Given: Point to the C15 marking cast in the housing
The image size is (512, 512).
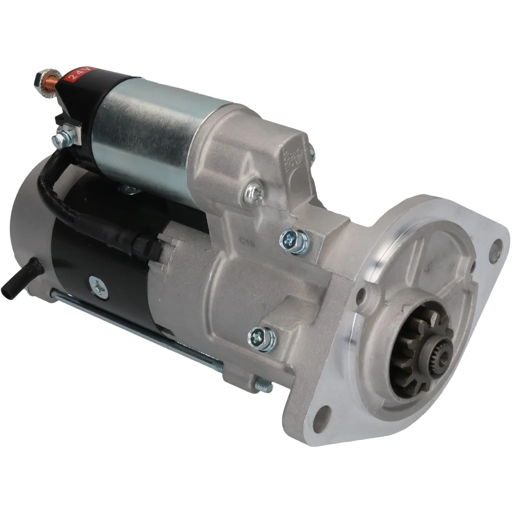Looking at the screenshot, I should pos(246,241).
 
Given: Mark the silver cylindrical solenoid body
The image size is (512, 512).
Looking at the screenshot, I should pos(150,130).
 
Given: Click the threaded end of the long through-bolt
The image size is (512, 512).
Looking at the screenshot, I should pos(264,385).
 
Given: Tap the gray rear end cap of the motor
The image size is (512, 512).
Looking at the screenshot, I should pos(30,225).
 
